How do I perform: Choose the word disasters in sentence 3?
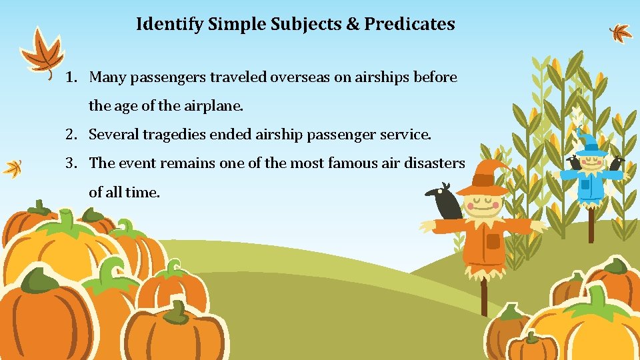(x=433, y=163)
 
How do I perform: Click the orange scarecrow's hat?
(x=483, y=176)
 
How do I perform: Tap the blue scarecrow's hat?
(x=589, y=143)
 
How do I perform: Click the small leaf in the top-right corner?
(x=621, y=31)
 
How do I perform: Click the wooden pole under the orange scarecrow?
(x=484, y=293)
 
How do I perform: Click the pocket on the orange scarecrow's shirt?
(x=493, y=241)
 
